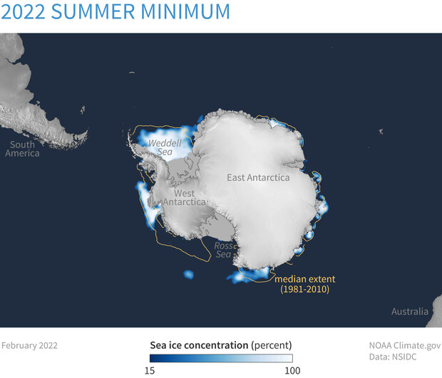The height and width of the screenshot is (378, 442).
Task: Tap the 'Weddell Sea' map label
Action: [x=164, y=147]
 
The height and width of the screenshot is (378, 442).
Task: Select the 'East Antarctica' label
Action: [x=258, y=177]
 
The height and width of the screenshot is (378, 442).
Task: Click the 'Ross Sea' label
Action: [x=223, y=249]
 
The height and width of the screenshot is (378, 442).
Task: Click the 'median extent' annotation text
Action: [x=304, y=278]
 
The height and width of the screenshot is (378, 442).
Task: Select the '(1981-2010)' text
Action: [x=304, y=290]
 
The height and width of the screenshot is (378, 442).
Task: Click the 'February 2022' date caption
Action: [x=29, y=345]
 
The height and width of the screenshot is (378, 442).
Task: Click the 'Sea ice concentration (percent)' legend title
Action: [x=221, y=345]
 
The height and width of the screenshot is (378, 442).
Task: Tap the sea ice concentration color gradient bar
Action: [x=221, y=359]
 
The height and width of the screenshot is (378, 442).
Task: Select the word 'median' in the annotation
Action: [x=291, y=278]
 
